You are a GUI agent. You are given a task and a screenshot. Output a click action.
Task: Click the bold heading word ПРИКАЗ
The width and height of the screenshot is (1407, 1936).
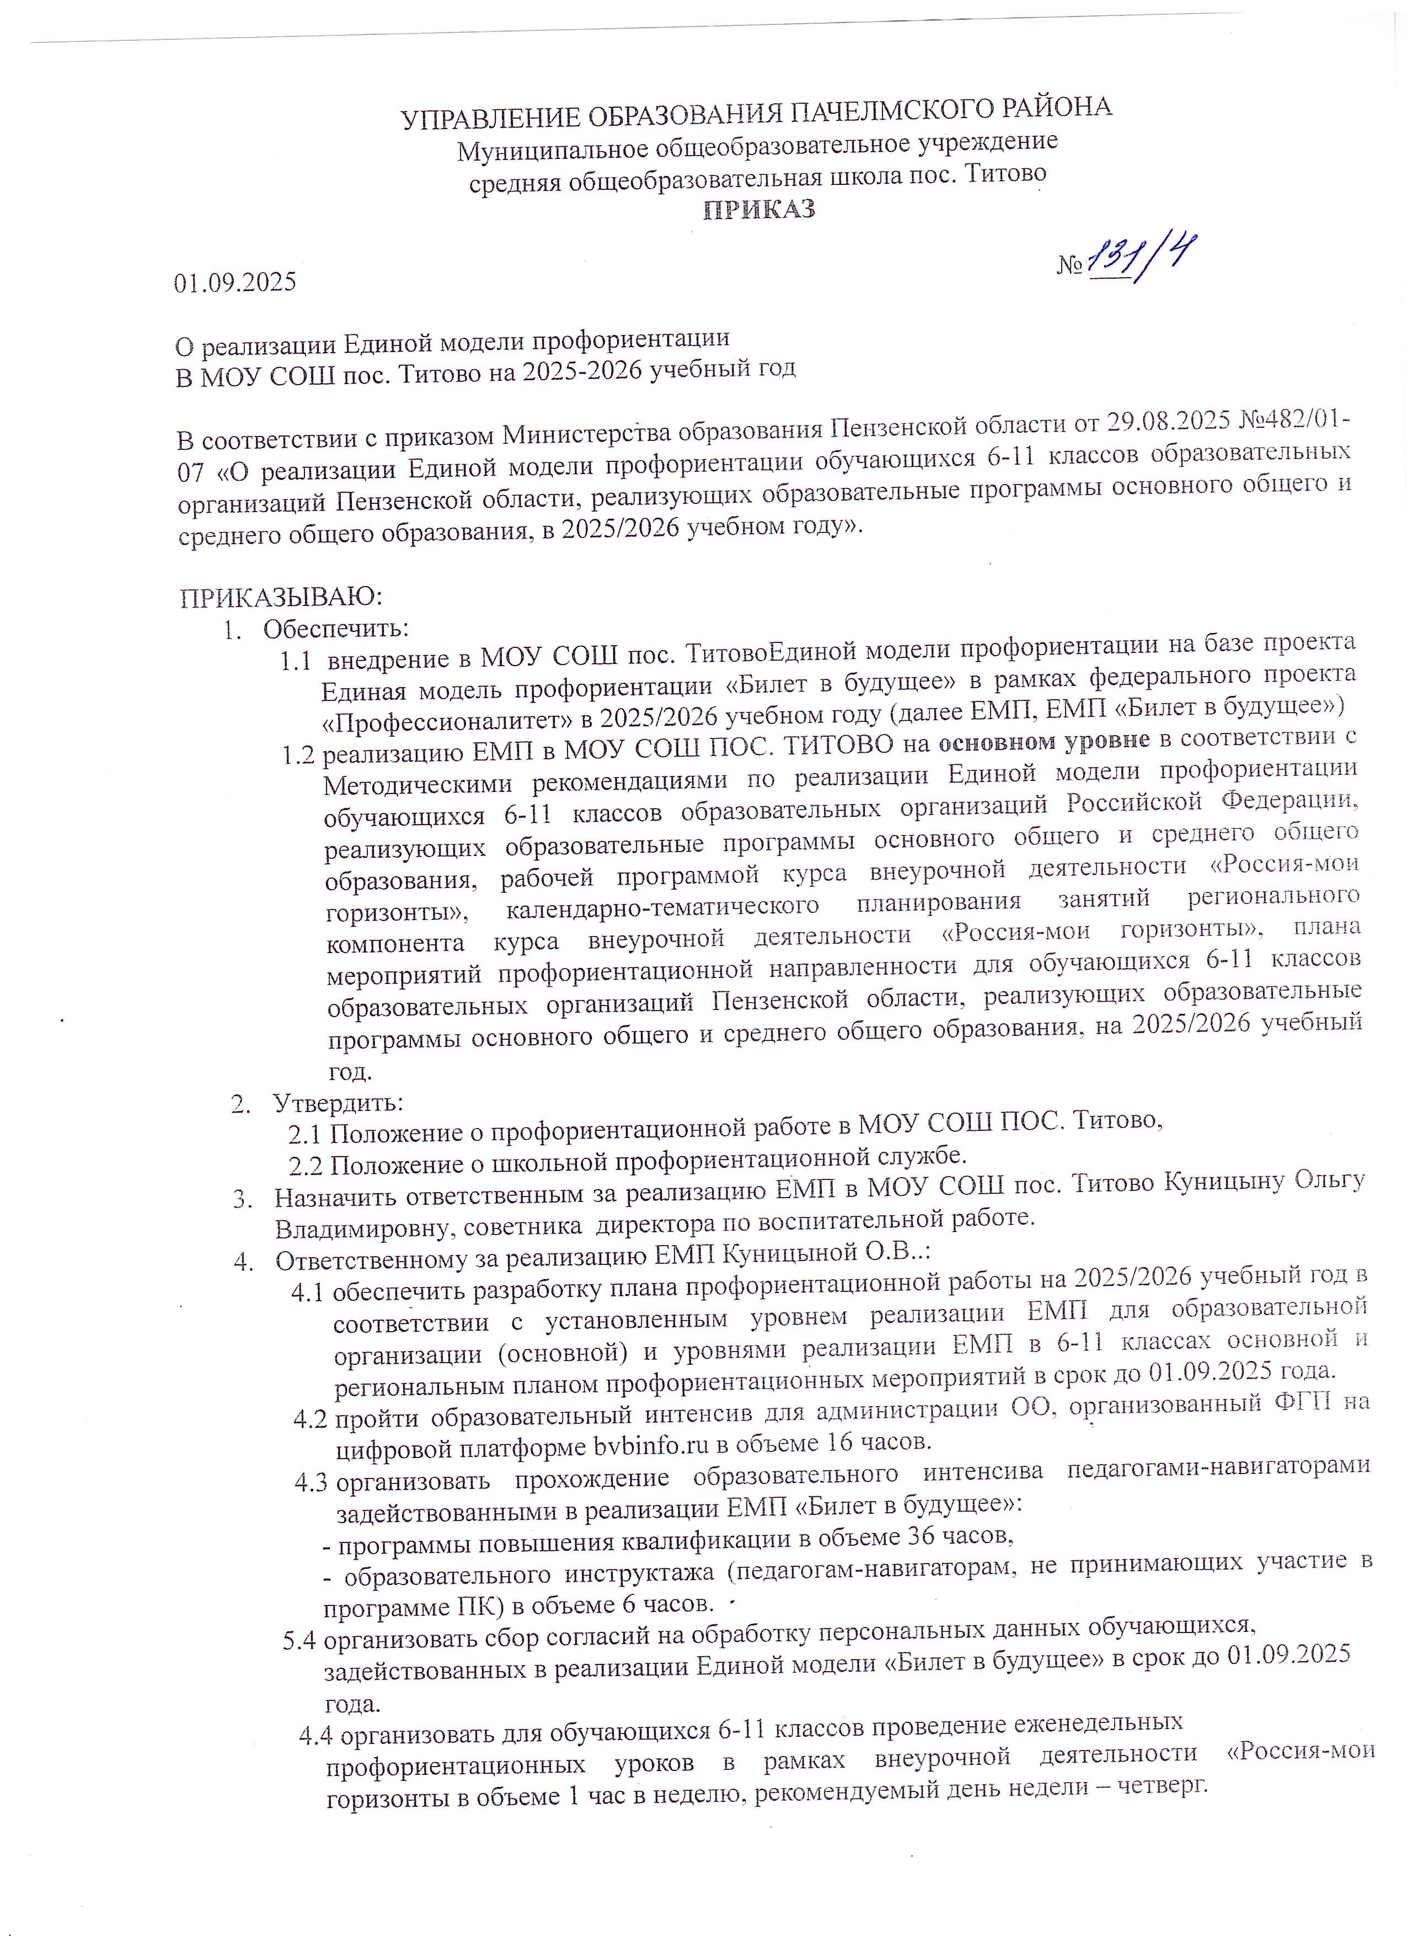[x=758, y=210]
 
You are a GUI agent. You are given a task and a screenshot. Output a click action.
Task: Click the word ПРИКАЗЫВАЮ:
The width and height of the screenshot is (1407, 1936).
[x=282, y=596]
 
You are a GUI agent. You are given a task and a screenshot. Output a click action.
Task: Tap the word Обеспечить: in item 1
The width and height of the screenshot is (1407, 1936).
[x=335, y=629]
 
